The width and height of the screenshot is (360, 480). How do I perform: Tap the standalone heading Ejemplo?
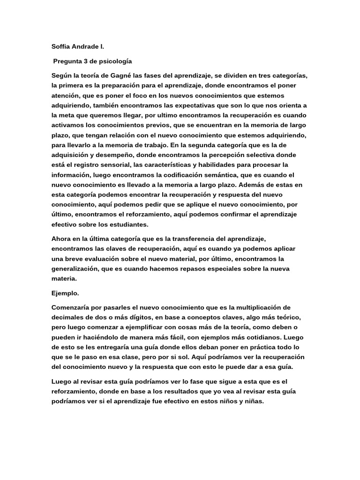pos(66,293)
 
